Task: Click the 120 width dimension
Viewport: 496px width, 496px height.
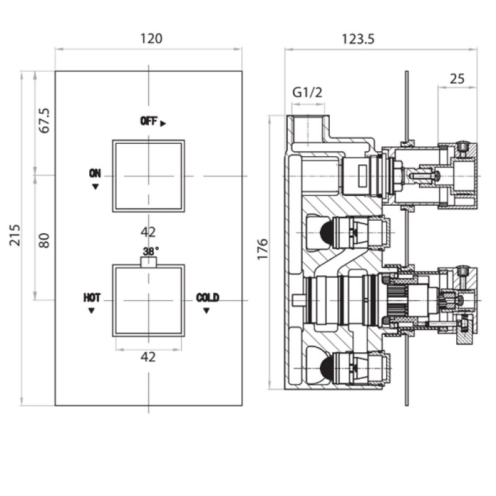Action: [151, 38]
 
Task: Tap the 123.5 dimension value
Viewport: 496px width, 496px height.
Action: [358, 39]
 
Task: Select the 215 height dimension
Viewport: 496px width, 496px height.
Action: [14, 235]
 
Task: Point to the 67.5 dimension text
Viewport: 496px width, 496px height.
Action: [44, 120]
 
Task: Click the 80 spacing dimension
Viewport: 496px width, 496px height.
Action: [44, 241]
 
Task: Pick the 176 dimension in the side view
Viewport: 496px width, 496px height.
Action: [262, 250]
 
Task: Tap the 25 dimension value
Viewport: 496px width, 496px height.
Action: [457, 79]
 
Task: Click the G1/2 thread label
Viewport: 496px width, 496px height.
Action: [307, 92]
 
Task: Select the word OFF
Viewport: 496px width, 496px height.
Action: [149, 121]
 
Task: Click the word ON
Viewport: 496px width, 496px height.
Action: [95, 173]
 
